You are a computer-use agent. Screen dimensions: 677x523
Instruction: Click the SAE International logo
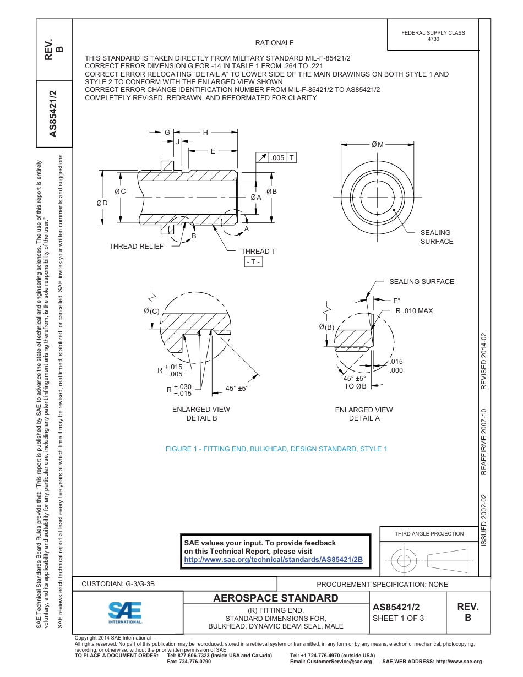point(125,612)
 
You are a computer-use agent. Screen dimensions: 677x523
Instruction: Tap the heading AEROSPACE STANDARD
point(276,598)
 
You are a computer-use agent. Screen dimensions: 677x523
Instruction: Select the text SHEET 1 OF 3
point(398,618)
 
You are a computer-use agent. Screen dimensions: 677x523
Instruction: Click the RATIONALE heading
point(274,43)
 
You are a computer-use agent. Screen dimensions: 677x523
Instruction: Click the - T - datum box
point(254,262)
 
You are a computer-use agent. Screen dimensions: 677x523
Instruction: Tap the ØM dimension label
point(377,145)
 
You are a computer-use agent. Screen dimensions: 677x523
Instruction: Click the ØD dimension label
point(102,203)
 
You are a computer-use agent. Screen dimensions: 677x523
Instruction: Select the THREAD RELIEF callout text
point(136,246)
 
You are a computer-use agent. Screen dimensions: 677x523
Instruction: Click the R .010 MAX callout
point(414,311)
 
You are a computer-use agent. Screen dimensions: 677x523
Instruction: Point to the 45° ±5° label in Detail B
point(237,388)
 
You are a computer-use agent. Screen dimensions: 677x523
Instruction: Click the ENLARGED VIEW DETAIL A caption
point(364,414)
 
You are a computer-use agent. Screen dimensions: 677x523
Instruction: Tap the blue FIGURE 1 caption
point(276,449)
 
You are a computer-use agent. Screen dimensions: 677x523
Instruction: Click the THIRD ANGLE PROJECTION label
point(429,533)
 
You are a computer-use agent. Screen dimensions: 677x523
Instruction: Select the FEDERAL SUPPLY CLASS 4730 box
point(433,36)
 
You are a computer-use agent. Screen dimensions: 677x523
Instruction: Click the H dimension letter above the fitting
point(205,133)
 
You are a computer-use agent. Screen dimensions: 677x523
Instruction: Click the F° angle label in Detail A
point(396,301)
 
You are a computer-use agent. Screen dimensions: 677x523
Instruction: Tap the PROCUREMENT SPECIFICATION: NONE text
point(382,584)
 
